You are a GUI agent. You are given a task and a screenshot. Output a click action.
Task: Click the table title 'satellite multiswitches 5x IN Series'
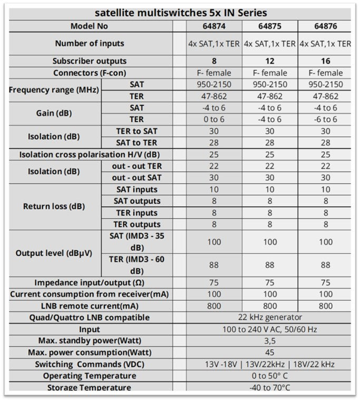180,13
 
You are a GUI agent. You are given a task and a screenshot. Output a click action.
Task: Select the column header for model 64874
214,26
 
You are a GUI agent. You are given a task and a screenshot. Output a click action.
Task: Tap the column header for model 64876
325,26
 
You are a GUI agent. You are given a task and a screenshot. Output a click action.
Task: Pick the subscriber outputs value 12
269,61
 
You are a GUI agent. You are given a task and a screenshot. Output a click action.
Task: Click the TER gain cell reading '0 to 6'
214,119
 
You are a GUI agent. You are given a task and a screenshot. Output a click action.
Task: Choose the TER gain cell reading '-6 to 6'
325,119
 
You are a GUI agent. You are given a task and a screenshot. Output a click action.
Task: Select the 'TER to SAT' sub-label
136,131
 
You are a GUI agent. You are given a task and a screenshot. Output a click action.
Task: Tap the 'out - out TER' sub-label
136,166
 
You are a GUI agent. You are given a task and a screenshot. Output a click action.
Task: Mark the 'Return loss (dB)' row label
54,206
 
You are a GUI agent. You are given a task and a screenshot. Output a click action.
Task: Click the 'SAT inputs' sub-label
136,189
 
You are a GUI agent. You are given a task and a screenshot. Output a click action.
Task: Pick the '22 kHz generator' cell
269,318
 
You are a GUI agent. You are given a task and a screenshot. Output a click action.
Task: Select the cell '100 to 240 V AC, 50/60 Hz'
269,329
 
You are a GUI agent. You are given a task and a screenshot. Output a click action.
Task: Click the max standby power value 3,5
269,341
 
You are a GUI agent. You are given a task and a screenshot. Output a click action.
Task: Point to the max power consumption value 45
269,352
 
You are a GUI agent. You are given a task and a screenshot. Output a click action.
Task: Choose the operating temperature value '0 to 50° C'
269,376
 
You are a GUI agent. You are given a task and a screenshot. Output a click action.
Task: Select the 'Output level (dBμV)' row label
54,253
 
